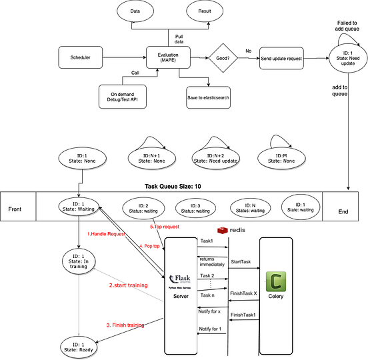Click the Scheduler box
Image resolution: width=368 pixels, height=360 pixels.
tap(81, 58)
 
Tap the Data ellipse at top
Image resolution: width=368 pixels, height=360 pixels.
tap(135, 12)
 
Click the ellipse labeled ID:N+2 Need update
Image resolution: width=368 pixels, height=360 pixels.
tap(213, 158)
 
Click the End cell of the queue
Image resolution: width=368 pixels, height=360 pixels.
tap(343, 211)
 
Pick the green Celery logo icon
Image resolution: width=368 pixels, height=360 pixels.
tap(275, 279)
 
